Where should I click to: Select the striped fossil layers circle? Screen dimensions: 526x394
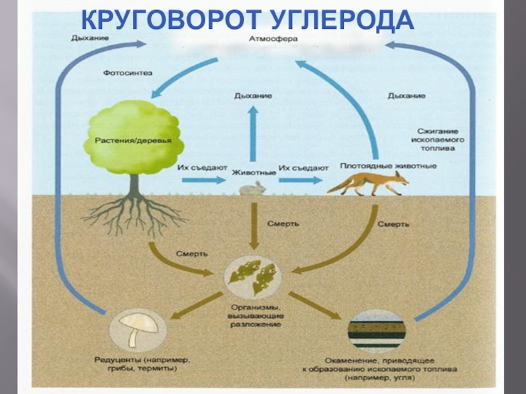[x=376, y=330]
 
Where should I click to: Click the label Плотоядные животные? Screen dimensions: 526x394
[x=388, y=166]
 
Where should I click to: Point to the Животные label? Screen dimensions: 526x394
[x=254, y=172]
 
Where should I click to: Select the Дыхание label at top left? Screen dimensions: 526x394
[x=90, y=37]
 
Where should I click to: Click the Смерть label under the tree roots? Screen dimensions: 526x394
[x=192, y=253]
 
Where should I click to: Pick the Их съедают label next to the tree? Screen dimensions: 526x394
[x=202, y=168]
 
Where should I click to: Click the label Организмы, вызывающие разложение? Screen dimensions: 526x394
[x=256, y=315]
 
